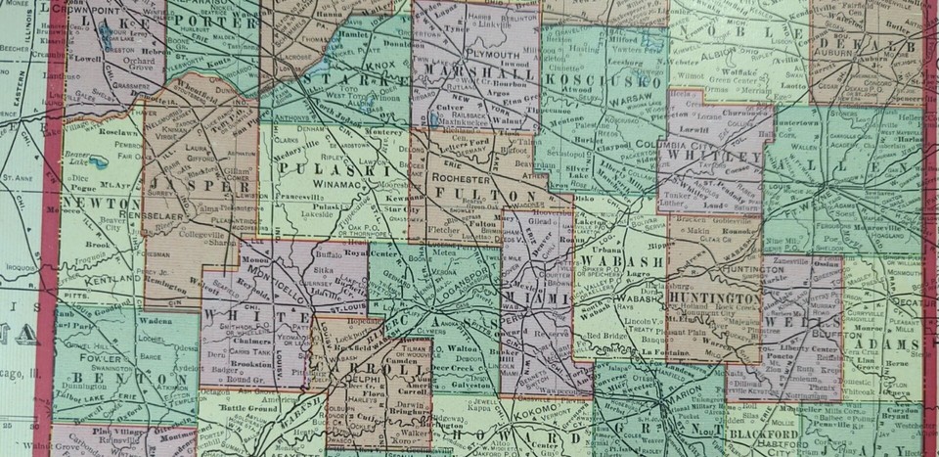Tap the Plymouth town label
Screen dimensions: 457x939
[x=476, y=56]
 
